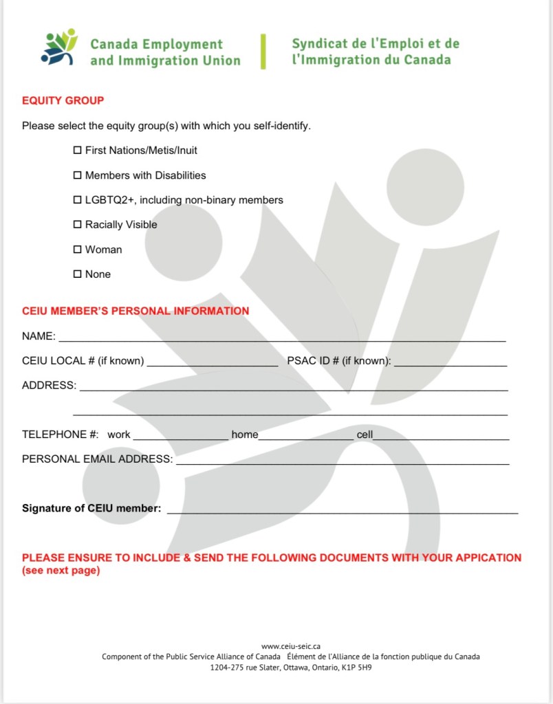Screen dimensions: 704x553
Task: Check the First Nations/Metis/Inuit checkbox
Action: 78,150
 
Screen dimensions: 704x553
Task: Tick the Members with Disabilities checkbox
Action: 78,175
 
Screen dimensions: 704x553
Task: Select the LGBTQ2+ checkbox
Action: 78,200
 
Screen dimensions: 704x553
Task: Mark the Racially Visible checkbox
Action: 78,225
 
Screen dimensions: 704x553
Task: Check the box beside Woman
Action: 78,250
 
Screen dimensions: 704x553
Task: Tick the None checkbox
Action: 78,274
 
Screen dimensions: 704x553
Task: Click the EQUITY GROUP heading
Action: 63,100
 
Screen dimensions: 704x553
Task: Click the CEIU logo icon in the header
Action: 59,48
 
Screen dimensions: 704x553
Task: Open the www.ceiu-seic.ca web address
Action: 291,646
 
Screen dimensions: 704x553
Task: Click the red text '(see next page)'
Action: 61,571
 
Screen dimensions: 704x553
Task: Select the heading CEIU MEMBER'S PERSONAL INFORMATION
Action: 135,311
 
